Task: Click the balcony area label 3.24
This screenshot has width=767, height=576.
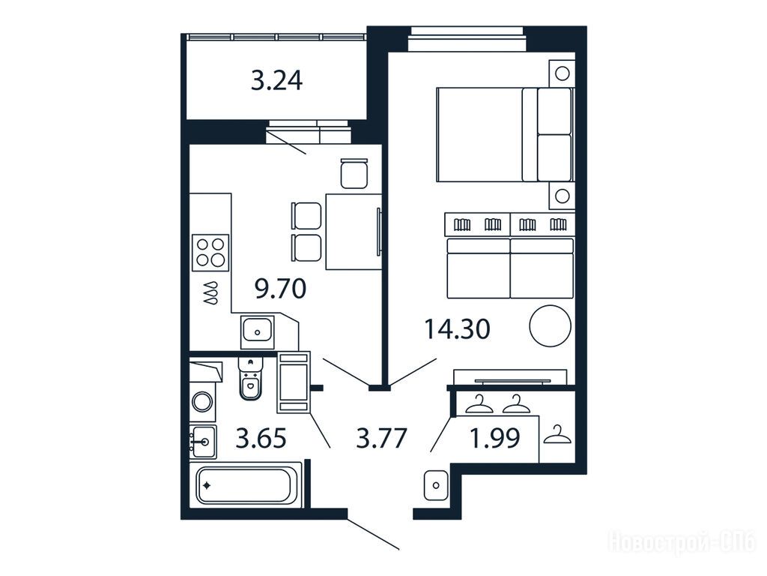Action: [x=277, y=81]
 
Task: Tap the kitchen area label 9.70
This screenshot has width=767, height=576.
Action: [x=281, y=289]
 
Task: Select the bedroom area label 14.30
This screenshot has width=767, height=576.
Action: [x=458, y=329]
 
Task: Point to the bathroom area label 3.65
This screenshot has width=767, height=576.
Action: [x=261, y=438]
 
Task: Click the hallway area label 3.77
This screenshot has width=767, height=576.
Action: [x=381, y=438]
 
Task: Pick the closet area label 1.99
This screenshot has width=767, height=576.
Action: [x=494, y=438]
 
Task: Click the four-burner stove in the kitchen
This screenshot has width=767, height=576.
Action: [x=210, y=253]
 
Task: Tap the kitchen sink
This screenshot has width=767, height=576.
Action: [x=258, y=331]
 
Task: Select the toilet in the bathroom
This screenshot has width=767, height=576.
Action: [x=251, y=379]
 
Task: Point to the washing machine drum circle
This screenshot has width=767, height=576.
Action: [x=202, y=402]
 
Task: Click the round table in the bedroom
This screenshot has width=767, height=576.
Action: [x=551, y=325]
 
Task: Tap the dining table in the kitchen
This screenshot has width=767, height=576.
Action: [x=354, y=232]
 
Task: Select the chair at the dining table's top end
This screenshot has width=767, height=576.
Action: [x=354, y=173]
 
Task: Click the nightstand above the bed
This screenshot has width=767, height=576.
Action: [x=562, y=73]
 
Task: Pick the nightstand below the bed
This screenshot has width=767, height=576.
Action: [x=562, y=196]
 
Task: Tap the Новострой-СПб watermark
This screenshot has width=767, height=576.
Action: [x=682, y=541]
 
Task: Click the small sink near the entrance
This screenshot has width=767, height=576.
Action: [x=436, y=485]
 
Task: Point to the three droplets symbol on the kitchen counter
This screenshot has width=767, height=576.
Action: [x=210, y=293]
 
